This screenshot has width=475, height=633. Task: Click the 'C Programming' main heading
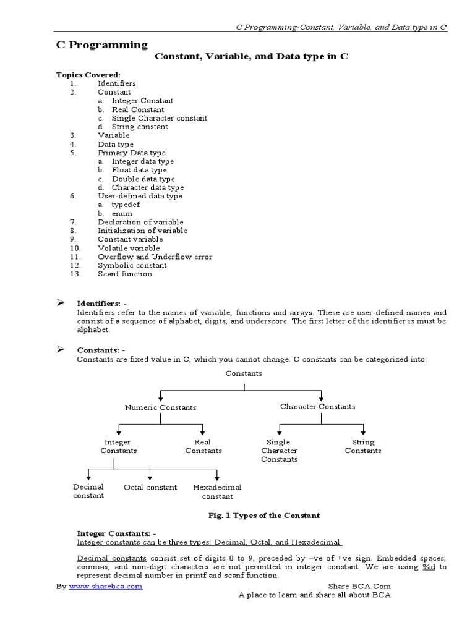[x=98, y=45]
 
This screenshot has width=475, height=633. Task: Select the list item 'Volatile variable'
[x=129, y=248]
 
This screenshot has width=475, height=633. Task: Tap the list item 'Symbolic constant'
[x=132, y=265]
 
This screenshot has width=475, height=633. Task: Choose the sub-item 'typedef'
[x=122, y=205]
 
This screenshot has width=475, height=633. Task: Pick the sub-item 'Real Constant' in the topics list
[x=138, y=109]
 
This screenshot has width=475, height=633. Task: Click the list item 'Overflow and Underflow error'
[x=155, y=257]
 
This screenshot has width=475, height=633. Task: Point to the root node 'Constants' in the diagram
[x=244, y=373]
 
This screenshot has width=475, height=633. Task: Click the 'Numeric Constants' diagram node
[x=161, y=407]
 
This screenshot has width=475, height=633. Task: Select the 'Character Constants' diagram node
[x=317, y=406]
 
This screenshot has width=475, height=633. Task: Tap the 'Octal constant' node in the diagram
[x=150, y=487]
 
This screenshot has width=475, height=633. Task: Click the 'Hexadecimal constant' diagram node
[x=217, y=491]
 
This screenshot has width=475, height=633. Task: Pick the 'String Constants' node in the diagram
[x=363, y=446]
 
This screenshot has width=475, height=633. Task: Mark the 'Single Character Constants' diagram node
[x=279, y=451]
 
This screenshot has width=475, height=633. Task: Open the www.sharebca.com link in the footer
[x=105, y=586]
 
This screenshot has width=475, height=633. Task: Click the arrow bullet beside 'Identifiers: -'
[x=61, y=303]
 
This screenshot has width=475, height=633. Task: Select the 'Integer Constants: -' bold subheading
[x=117, y=533]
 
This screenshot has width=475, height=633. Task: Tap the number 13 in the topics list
[x=75, y=274]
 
